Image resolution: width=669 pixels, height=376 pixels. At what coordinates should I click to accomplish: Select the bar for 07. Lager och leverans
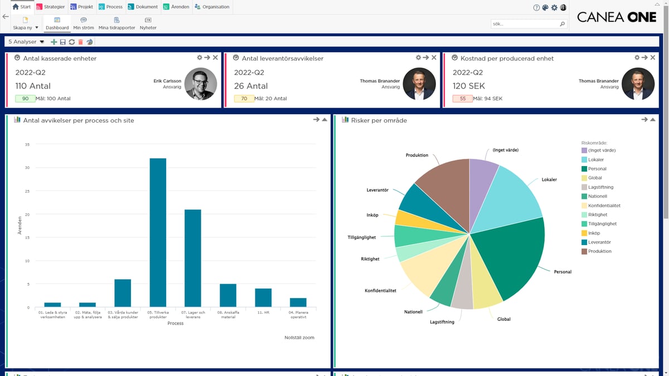click(193, 258)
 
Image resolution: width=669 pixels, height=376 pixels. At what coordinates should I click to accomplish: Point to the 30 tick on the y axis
click(27, 168)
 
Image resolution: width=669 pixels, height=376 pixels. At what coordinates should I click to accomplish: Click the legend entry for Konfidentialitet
click(604, 206)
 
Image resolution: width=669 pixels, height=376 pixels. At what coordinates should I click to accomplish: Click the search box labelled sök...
click(524, 24)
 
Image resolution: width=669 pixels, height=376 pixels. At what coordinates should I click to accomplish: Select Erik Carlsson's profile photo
click(200, 84)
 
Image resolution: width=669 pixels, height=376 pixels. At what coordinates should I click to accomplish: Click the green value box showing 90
click(26, 99)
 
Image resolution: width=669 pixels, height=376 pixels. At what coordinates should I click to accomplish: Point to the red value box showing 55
click(463, 99)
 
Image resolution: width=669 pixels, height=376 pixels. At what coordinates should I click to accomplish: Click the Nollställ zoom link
click(299, 338)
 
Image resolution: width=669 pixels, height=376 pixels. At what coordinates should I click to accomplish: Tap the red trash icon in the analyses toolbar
click(81, 42)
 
